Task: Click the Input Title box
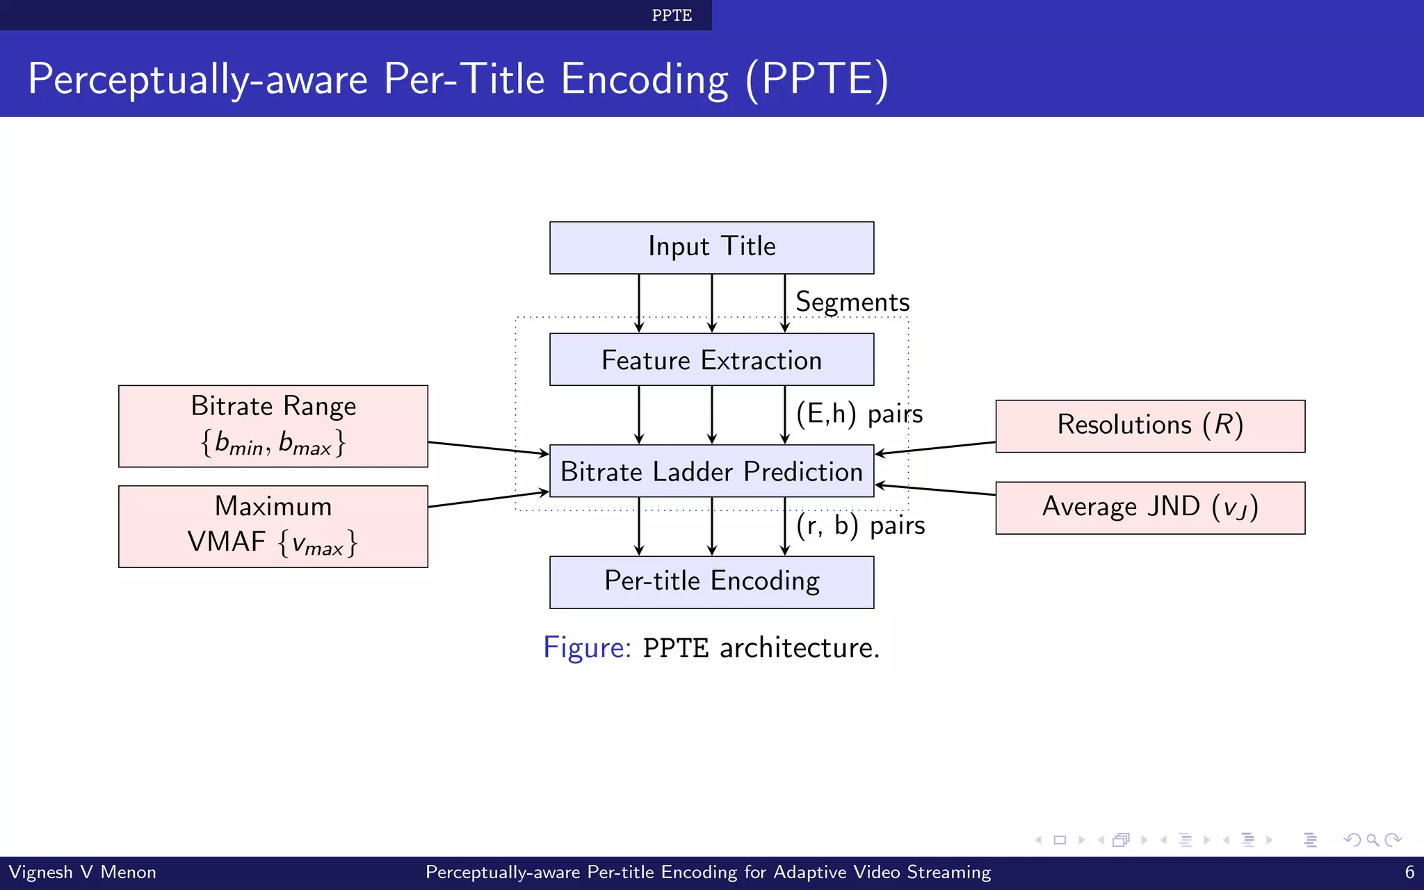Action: pos(711,248)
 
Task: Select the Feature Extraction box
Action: pos(711,359)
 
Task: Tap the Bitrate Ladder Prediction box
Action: pos(711,471)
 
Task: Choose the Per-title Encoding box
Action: pos(711,582)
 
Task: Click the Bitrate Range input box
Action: pos(273,426)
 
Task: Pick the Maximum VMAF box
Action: pos(273,526)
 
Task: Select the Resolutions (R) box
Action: pos(1150,426)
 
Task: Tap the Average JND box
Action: pos(1150,508)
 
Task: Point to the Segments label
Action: pos(852,302)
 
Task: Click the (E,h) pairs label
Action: pos(859,414)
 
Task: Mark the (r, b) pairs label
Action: pos(861,525)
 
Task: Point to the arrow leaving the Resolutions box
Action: pos(935,448)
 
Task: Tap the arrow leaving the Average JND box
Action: pos(935,489)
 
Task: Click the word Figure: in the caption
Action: pos(587,647)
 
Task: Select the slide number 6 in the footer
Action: pos(1409,872)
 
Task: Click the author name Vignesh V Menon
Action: pos(82,872)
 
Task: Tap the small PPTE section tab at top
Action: pos(672,15)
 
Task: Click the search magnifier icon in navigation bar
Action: pos(1373,840)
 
